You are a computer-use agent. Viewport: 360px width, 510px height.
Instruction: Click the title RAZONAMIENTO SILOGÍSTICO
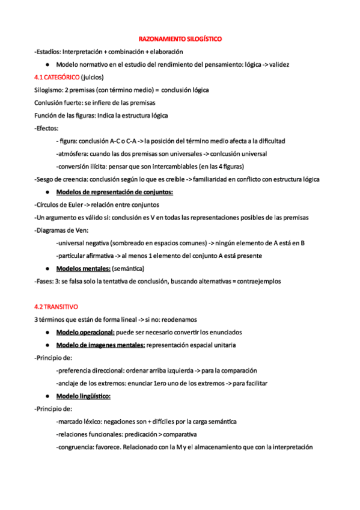pos(180,39)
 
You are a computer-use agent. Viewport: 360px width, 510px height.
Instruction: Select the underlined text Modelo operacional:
pos(85,331)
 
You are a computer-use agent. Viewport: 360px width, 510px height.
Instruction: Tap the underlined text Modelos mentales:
pos(84,268)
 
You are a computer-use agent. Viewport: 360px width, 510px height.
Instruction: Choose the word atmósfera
pos(73,153)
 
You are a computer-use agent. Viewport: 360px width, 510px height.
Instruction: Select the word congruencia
pos(75,447)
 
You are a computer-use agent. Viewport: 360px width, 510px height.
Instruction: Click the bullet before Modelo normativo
pos(46,64)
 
